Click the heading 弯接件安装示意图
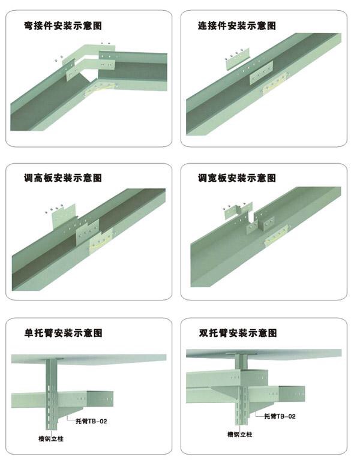pos(63,26)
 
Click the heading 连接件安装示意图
pos(237,26)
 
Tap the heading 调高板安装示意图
pos(63,178)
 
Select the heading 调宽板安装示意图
pos(237,178)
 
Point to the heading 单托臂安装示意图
pos(63,333)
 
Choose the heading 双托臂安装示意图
pos(238,333)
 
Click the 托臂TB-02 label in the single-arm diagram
pos(91,421)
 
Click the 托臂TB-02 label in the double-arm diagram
pos(280,416)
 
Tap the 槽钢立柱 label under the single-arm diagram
pos(51,439)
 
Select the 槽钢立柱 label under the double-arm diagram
pos(240,434)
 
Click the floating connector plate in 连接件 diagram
pos(237,60)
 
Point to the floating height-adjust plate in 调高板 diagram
pos(64,217)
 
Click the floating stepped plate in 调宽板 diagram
pos(239,211)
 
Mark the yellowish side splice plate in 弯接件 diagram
pos(101,88)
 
